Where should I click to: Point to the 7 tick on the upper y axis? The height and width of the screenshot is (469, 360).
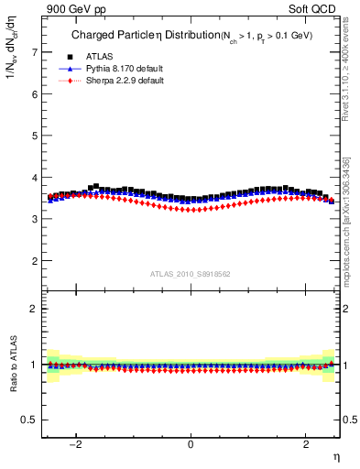click(34, 52)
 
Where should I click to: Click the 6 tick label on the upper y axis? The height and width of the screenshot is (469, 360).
click(34, 94)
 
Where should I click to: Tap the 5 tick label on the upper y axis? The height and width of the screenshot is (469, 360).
click(34, 136)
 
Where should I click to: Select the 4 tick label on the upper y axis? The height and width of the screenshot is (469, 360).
click(34, 178)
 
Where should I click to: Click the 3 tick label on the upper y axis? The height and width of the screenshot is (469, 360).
click(34, 219)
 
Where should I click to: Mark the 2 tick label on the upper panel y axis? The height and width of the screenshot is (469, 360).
click(34, 261)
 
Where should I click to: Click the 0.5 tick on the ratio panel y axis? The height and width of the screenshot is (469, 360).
click(30, 420)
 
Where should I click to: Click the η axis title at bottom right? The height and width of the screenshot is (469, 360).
click(335, 456)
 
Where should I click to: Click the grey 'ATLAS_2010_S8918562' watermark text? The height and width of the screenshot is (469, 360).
click(190, 274)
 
